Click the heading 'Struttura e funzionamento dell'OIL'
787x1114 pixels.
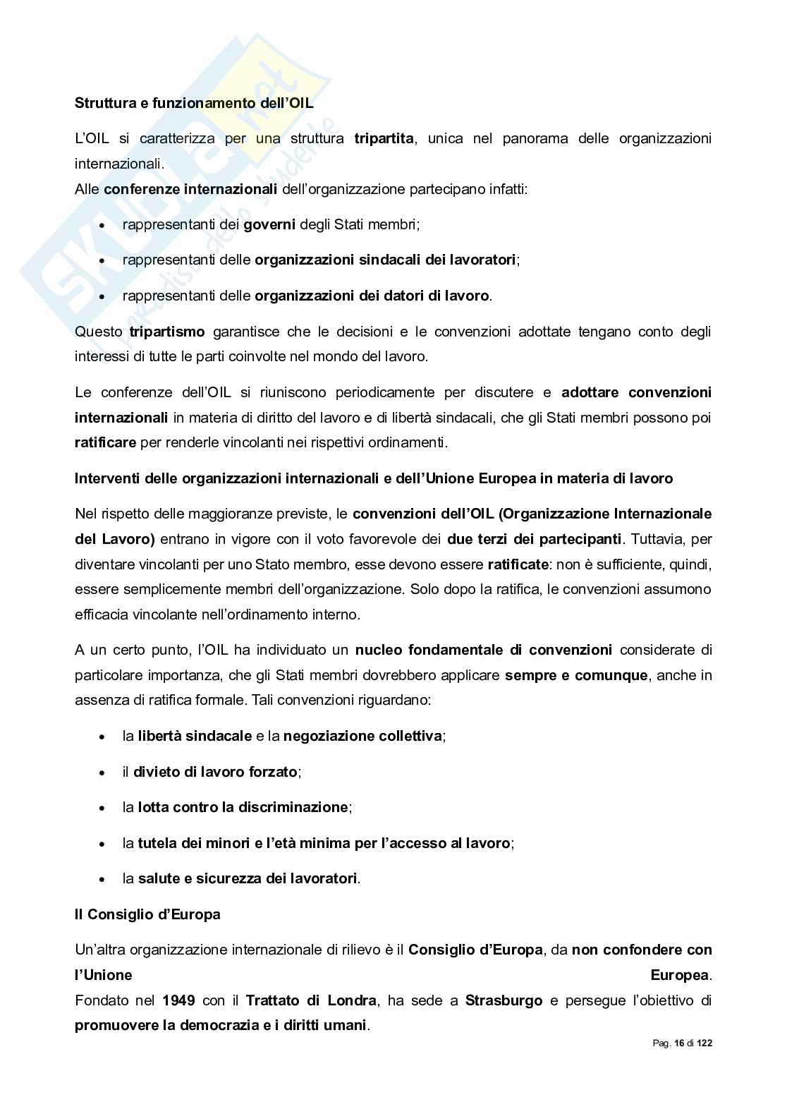[x=194, y=103]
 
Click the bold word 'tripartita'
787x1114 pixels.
[x=384, y=138]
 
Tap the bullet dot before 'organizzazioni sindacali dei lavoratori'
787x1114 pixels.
[x=103, y=260]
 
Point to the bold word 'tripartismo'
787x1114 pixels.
[x=167, y=331]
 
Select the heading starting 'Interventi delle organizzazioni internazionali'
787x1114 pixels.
[x=374, y=478]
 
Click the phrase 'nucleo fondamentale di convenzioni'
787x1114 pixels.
[x=484, y=649]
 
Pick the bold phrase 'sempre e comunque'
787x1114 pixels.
[x=576, y=675]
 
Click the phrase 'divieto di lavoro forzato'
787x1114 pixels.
[x=215, y=772]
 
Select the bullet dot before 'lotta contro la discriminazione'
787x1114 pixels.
[x=103, y=808]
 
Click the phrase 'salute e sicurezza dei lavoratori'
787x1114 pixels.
[x=248, y=878]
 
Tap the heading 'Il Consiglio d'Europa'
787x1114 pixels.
[x=147, y=914]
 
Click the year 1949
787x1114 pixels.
[x=179, y=1000]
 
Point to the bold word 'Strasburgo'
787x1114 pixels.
[x=504, y=1000]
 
